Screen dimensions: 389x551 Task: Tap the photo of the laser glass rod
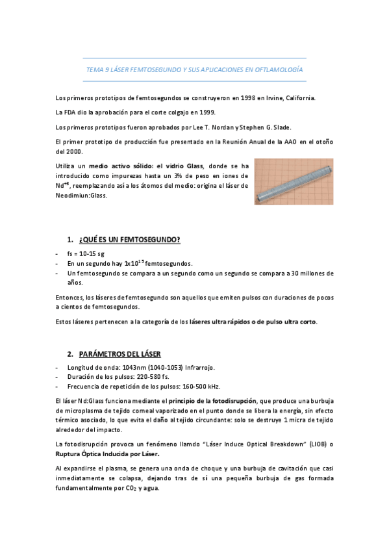(294, 181)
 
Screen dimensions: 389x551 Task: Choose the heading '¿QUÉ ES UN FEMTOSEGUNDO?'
(129, 240)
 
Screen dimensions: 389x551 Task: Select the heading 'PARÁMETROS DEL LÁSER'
(120, 354)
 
